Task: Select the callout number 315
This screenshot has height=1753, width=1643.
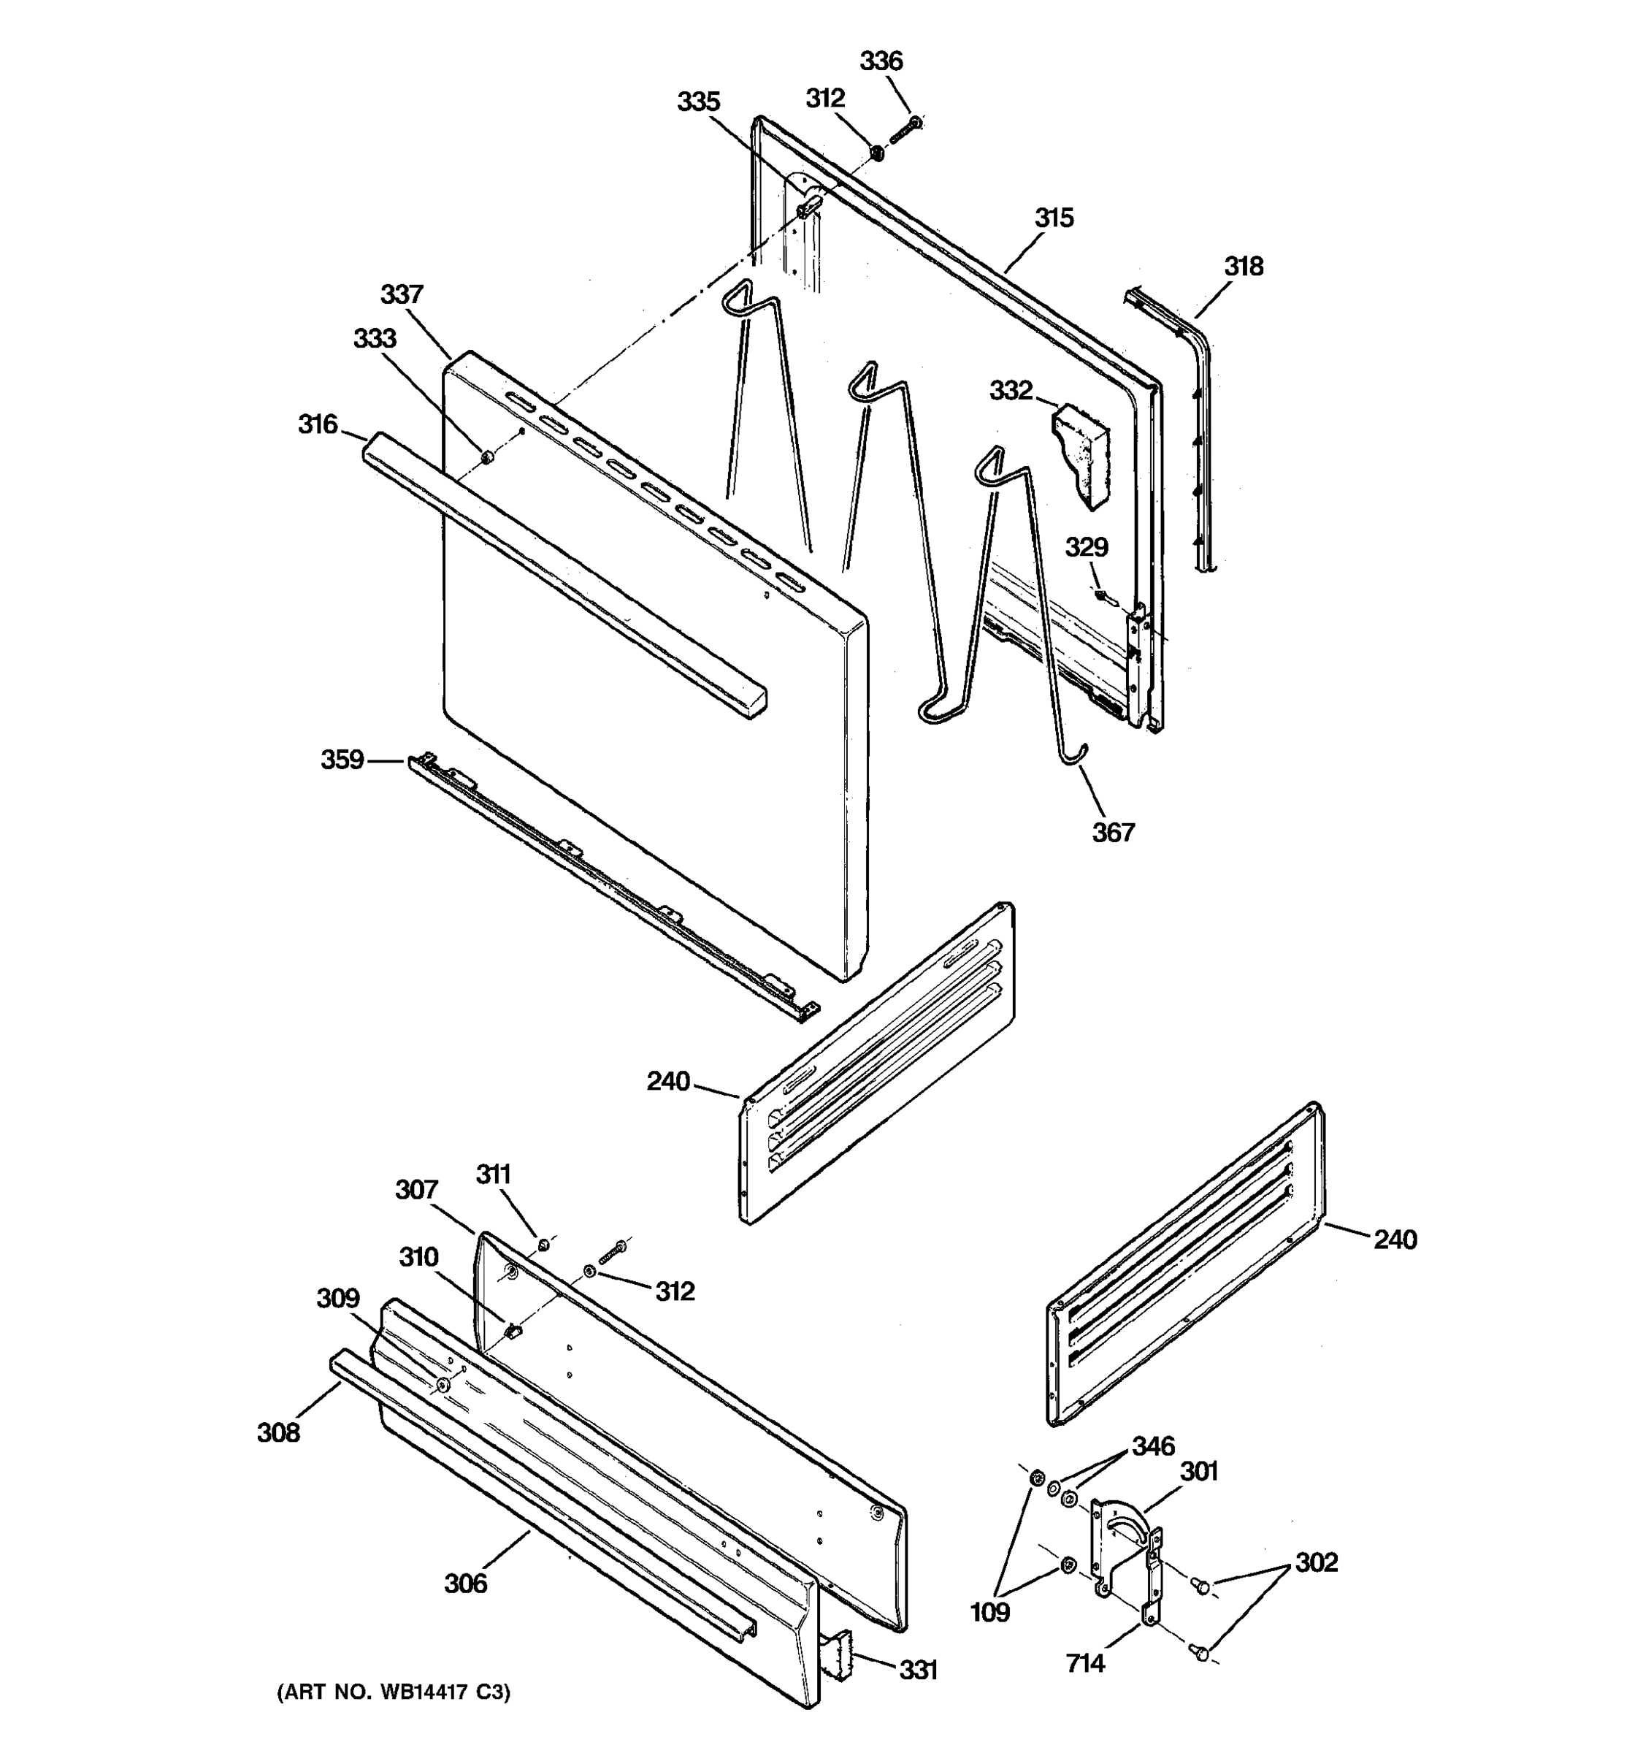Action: (x=1054, y=218)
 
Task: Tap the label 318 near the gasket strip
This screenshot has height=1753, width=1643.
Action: (x=1243, y=267)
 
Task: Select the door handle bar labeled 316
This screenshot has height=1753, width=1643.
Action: (x=564, y=574)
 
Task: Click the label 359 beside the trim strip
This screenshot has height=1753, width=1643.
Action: (x=342, y=759)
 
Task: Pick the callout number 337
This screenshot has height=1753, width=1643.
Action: (x=402, y=294)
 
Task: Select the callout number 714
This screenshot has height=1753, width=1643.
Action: (x=1085, y=1664)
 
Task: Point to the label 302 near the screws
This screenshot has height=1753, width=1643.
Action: (x=1316, y=1562)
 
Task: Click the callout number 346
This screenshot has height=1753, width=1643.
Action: (x=1154, y=1446)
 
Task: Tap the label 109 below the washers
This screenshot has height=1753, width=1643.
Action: (x=990, y=1613)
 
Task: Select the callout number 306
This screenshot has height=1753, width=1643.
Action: (x=465, y=1584)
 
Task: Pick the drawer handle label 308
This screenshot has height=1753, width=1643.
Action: (x=278, y=1433)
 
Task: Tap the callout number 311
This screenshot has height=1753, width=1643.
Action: (x=494, y=1175)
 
